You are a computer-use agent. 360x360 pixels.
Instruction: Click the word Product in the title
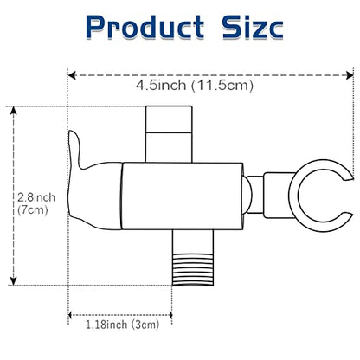[145, 27]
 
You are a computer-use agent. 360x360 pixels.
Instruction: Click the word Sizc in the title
[253, 27]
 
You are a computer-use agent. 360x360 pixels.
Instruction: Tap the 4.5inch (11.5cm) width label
[195, 86]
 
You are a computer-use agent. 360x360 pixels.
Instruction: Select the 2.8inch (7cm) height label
[36, 203]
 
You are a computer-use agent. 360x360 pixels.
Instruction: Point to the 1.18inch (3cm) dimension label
[123, 325]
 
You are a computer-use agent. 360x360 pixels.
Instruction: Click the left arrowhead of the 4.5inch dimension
[72, 75]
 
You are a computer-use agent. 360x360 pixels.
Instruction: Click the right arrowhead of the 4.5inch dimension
[350, 75]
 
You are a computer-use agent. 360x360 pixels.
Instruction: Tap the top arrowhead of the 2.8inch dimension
[14, 111]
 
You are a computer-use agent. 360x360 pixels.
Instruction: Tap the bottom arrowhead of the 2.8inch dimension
[14, 281]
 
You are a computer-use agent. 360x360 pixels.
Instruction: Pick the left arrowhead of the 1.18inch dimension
[71, 315]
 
